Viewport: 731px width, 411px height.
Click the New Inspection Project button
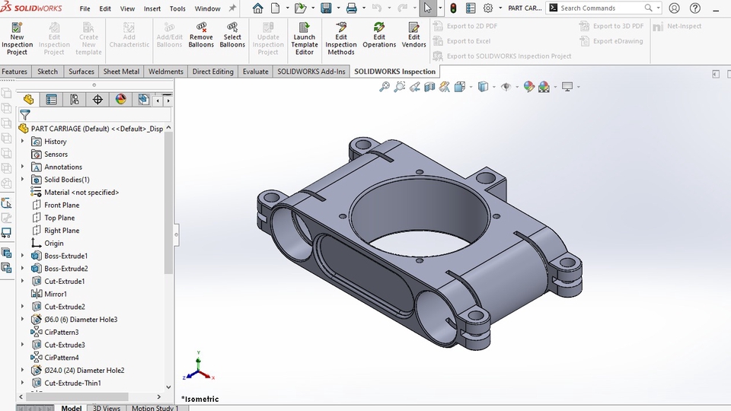point(17,38)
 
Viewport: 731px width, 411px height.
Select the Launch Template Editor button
point(304,38)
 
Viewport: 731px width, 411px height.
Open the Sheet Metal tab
point(121,72)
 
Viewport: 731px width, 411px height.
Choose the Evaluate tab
point(255,72)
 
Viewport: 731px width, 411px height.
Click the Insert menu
point(152,8)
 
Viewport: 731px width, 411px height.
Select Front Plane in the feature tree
point(61,205)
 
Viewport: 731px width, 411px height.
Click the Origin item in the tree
point(53,243)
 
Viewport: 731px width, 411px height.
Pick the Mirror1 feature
point(55,294)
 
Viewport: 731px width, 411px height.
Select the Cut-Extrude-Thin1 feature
point(72,383)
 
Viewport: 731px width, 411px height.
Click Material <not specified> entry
point(81,193)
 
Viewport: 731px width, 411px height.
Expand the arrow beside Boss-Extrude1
point(22,256)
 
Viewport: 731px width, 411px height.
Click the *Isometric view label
point(200,399)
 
